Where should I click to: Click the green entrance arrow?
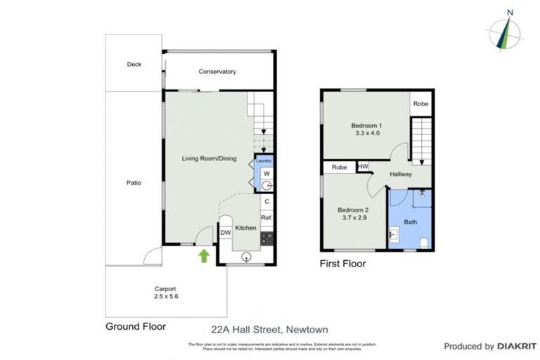click(205, 255)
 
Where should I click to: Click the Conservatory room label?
click(217, 72)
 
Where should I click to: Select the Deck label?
click(134, 65)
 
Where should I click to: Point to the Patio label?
click(134, 183)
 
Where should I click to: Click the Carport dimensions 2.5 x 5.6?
click(165, 297)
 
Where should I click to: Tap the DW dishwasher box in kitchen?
click(226, 233)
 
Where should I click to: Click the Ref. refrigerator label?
click(266, 218)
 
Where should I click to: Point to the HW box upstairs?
click(364, 167)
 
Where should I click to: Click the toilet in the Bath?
click(423, 243)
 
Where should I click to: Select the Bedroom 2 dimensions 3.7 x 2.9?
click(353, 219)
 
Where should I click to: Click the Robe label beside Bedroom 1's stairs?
click(420, 104)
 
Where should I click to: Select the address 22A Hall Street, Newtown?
click(269, 329)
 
